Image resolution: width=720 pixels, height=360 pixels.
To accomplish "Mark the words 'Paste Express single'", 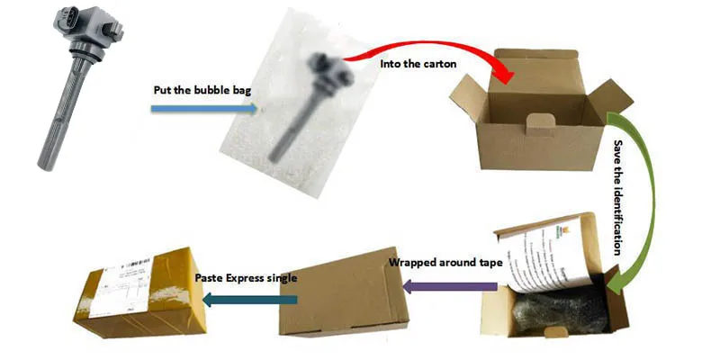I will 245,277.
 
